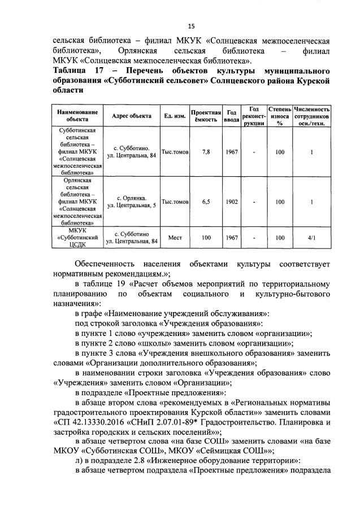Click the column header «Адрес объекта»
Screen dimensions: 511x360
pos(131,116)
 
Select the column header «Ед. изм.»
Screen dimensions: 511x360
pos(175,116)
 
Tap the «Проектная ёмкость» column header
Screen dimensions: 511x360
pos(206,116)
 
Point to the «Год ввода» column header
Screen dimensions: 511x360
pos(231,116)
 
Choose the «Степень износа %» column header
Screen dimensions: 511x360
pos(279,116)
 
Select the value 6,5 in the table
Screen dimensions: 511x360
pos(206,202)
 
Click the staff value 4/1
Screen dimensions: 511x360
pos(311,238)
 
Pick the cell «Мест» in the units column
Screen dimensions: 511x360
pos(175,238)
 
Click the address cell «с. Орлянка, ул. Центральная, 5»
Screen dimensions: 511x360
pos(131,202)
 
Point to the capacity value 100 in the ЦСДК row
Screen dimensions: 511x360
pos(206,238)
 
